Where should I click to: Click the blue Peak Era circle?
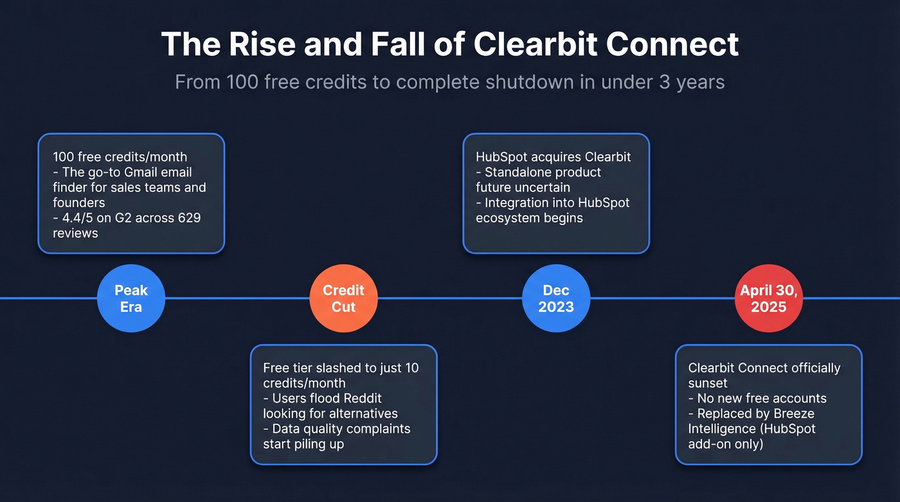(131, 298)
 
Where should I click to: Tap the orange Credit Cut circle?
(343, 298)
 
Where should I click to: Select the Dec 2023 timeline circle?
(556, 298)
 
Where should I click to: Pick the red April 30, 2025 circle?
(768, 298)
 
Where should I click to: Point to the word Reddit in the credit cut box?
(361, 399)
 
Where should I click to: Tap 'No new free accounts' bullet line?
(762, 399)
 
